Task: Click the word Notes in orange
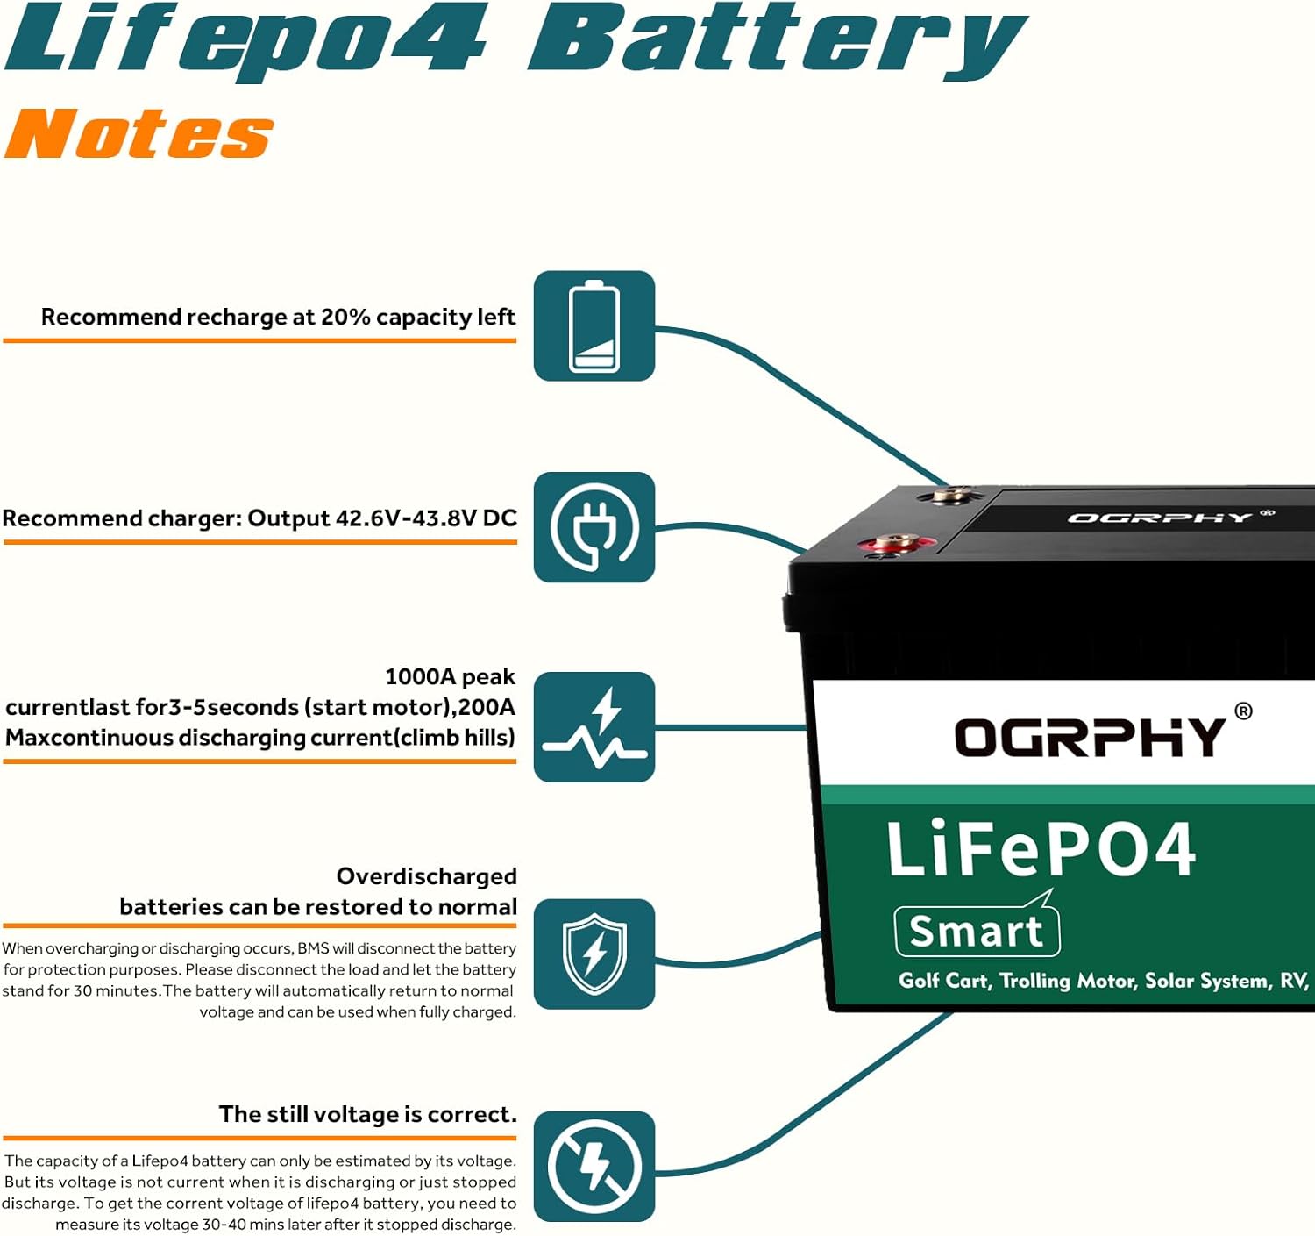[139, 134]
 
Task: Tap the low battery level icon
[594, 326]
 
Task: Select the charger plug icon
[594, 527]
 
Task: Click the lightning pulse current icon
[594, 727]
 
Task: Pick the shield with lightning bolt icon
[594, 954]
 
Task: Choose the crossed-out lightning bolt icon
[594, 1167]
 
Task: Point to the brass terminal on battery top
[949, 496]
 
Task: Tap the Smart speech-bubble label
[977, 931]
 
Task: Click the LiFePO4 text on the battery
[1041, 848]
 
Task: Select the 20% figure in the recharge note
[345, 317]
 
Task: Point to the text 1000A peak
[450, 676]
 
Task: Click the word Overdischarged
[426, 876]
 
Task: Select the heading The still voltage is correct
[367, 1114]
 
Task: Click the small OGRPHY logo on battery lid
[1159, 518]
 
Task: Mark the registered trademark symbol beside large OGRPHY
[1243, 711]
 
